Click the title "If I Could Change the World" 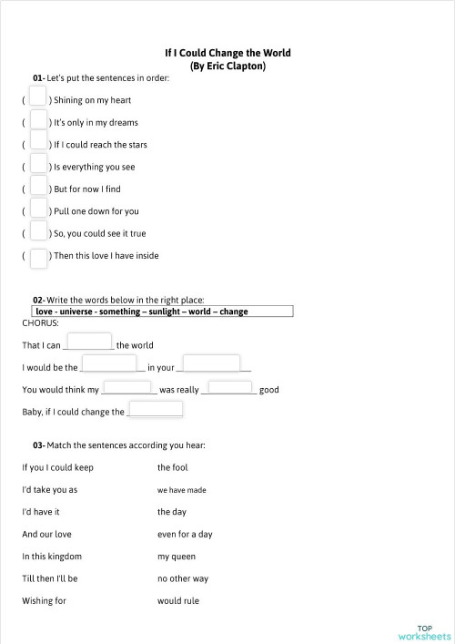227,54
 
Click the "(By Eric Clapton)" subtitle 227,66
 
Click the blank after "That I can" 90,342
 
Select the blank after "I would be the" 109,365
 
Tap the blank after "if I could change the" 156,409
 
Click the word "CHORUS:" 40,322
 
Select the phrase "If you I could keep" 57,467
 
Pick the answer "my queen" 176,557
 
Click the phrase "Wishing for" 44,601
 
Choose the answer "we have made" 181,490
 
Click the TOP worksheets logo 423,632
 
